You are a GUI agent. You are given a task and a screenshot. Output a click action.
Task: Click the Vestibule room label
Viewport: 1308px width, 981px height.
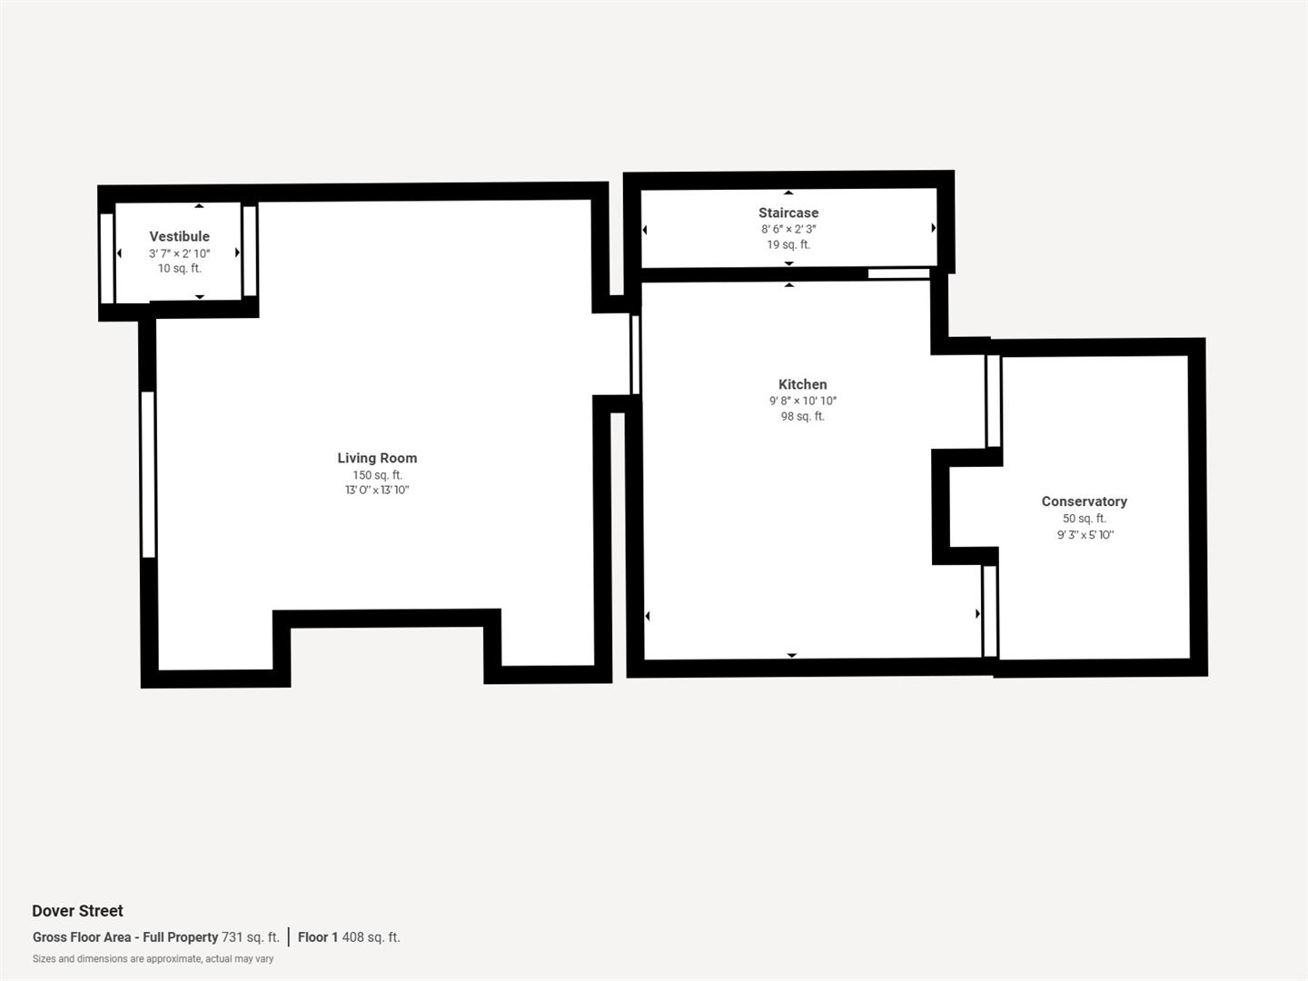click(x=179, y=236)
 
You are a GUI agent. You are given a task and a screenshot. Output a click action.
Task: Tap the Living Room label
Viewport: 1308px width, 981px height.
click(x=377, y=458)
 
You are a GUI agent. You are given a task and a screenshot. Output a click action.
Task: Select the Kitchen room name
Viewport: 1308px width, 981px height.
click(x=802, y=384)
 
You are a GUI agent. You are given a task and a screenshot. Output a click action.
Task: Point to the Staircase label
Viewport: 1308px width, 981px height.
click(x=788, y=213)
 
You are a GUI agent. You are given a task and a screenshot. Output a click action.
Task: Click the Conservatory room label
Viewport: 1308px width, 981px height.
click(x=1084, y=501)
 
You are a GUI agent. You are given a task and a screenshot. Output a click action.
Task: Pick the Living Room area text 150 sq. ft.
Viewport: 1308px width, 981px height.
click(x=377, y=475)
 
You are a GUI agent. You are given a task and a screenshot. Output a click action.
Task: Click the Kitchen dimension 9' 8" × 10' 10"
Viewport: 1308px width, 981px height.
click(x=802, y=401)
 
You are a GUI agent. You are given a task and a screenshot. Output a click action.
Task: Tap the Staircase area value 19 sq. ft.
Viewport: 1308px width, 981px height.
click(x=788, y=244)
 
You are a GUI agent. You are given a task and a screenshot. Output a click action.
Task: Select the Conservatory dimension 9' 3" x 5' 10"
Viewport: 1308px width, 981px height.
click(x=1085, y=535)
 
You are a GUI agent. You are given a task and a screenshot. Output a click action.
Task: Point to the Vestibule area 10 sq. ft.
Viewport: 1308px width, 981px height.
click(x=179, y=268)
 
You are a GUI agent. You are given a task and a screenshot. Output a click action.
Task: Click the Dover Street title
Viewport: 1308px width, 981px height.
click(x=77, y=911)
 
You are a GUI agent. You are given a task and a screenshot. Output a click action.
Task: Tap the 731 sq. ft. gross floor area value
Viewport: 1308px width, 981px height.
click(x=251, y=937)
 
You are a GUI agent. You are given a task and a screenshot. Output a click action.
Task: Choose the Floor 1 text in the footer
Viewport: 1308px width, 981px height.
click(x=317, y=937)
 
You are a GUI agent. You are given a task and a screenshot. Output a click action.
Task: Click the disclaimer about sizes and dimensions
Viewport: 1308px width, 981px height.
click(x=153, y=959)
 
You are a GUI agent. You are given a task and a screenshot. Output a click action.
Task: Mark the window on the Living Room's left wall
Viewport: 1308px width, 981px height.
click(x=148, y=473)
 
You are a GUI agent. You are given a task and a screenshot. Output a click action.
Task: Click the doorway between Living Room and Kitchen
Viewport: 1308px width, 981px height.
click(x=635, y=354)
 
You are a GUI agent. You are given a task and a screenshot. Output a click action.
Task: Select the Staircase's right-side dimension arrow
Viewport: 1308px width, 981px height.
click(x=934, y=228)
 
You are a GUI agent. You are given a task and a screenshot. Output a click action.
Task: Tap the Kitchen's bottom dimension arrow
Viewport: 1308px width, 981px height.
click(x=791, y=655)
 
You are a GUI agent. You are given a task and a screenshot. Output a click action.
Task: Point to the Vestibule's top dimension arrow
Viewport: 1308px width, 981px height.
click(x=199, y=206)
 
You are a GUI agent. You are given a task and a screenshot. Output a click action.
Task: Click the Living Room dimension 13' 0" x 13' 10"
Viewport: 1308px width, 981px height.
click(x=377, y=490)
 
